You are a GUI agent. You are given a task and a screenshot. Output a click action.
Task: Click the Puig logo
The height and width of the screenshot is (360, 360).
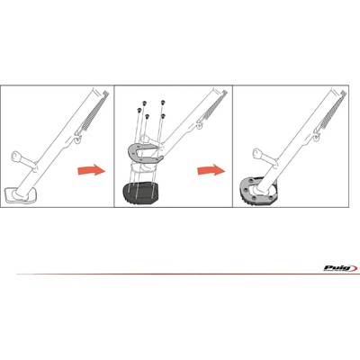[x=340, y=268]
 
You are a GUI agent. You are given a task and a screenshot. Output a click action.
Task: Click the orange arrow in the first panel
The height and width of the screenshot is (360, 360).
[x=92, y=170]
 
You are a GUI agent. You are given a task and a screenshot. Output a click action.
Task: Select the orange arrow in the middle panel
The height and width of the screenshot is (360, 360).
[x=211, y=170]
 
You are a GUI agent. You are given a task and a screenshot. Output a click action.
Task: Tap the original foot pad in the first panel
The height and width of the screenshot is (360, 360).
[x=20, y=194]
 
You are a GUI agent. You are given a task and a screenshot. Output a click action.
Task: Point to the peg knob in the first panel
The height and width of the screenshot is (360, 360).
[x=15, y=156]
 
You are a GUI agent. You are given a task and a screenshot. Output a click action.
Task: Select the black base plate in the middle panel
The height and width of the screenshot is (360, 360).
[x=139, y=194]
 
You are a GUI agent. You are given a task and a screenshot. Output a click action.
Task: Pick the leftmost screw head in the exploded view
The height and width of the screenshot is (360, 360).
[x=139, y=111]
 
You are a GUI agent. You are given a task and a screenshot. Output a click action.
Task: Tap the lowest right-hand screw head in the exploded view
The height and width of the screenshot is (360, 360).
[x=163, y=115]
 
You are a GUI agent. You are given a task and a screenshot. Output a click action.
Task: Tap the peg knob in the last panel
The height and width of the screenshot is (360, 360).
[x=256, y=153]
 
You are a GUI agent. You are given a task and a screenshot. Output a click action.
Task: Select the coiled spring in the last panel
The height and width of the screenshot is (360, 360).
[x=332, y=109]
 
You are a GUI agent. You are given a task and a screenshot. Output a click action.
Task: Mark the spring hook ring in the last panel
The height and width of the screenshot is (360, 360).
[x=317, y=136]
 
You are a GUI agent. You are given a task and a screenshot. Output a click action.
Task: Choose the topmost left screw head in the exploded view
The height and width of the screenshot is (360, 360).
[x=144, y=103]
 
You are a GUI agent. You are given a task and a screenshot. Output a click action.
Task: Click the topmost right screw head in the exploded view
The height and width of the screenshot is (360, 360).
[x=163, y=103]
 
